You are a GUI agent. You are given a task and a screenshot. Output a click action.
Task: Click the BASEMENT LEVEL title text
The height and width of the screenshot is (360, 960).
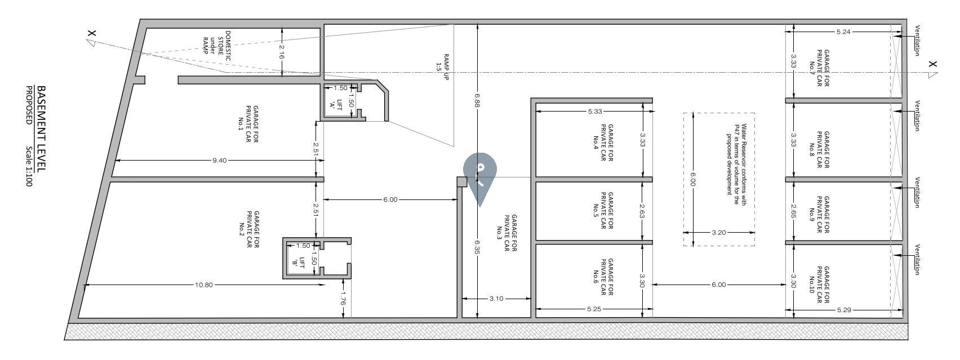(41, 128)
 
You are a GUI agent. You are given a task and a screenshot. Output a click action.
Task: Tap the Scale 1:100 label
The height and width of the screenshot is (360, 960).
(29, 166)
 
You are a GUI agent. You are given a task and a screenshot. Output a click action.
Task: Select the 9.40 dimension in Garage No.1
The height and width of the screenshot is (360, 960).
(219, 161)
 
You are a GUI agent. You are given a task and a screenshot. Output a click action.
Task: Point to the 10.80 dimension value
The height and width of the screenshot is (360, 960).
(203, 285)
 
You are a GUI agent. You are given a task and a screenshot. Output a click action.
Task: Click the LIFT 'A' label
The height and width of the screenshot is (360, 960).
(337, 105)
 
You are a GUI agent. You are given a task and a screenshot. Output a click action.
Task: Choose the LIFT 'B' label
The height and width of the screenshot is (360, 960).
(299, 263)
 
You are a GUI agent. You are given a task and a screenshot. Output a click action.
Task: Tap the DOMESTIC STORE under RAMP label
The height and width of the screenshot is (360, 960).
(216, 46)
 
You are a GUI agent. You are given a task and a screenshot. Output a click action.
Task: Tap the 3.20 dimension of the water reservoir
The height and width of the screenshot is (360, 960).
(719, 232)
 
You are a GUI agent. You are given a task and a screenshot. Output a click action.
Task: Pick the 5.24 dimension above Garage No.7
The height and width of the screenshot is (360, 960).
(843, 32)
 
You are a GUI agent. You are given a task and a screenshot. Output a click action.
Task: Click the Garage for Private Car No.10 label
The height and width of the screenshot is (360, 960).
(819, 285)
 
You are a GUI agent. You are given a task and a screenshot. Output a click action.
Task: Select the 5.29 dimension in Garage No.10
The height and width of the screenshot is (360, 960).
(844, 310)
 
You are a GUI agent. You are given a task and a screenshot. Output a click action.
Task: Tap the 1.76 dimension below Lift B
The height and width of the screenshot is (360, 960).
(343, 298)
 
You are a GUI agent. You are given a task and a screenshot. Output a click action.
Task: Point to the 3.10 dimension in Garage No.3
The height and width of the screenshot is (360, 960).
(496, 299)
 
